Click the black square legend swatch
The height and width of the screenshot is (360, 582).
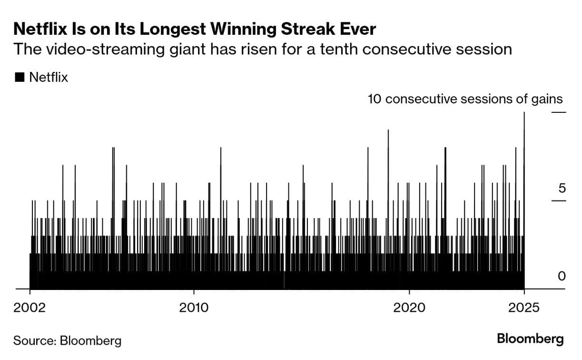coord(20,77)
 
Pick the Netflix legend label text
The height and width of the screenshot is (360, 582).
coord(49,77)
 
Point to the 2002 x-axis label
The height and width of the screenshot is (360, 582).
coord(30,307)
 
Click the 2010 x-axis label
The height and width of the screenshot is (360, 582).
coord(194,307)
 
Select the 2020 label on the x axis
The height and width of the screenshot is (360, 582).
coord(410,307)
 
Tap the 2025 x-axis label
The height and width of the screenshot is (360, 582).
coord(524,307)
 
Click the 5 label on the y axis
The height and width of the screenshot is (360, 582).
coord(562,188)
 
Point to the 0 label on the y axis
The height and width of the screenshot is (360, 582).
coord(562,276)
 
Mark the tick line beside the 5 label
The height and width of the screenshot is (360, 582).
coord(559,200)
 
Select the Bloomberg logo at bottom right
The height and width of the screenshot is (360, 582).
coord(530,339)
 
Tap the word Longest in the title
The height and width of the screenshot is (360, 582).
coord(154,30)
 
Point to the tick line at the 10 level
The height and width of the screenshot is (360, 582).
coord(559,112)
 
